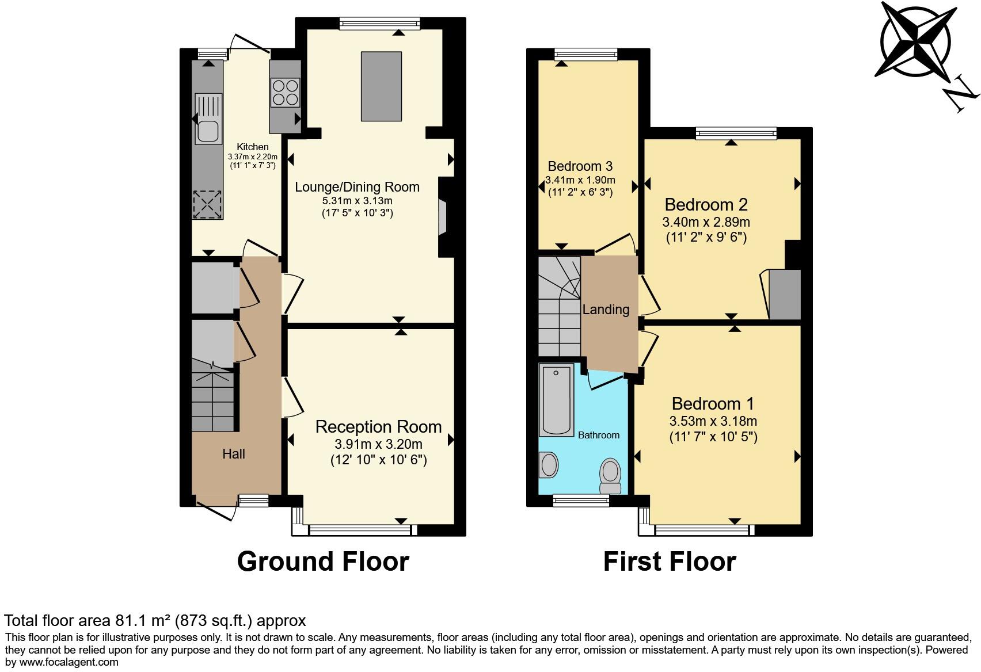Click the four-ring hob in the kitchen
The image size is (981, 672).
[286, 92]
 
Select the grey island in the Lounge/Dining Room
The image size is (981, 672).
[381, 86]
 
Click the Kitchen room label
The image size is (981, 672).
[253, 147]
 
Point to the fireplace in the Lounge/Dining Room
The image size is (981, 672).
[442, 217]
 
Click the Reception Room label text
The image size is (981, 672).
[378, 427]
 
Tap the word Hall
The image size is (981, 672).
[234, 454]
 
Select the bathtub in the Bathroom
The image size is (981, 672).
[556, 400]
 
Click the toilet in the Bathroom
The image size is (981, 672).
[610, 475]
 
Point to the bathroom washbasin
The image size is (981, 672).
[549, 464]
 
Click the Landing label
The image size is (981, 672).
[606, 310]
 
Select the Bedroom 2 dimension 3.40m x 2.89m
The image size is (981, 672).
[706, 222]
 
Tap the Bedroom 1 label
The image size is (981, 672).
[713, 403]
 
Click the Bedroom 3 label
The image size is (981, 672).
[580, 166]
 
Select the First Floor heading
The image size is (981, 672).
[669, 562]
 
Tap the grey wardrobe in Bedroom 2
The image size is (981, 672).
[785, 294]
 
